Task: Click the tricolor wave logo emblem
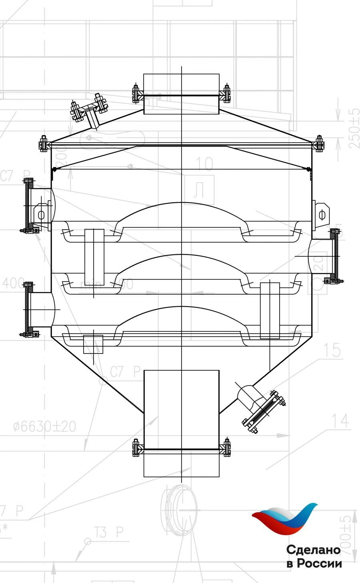pyautogui.click(x=285, y=519)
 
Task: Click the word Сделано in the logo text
pyautogui.click(x=313, y=550)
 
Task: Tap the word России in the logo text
pyautogui.click(x=320, y=564)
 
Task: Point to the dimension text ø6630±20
pyautogui.click(x=44, y=427)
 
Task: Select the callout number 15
pyautogui.click(x=332, y=350)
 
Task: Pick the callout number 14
pyautogui.click(x=340, y=421)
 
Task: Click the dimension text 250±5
pyautogui.click(x=354, y=128)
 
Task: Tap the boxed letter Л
pyautogui.click(x=199, y=190)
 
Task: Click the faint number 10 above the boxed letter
pyautogui.click(x=204, y=164)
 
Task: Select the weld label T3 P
pyautogui.click(x=109, y=532)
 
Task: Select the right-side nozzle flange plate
pyautogui.click(x=335, y=256)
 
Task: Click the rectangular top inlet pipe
pyautogui.click(x=181, y=94)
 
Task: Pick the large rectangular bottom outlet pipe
pyautogui.click(x=181, y=423)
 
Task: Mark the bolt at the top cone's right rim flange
pyautogui.click(x=319, y=143)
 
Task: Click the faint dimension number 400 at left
pyautogui.click(x=14, y=284)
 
